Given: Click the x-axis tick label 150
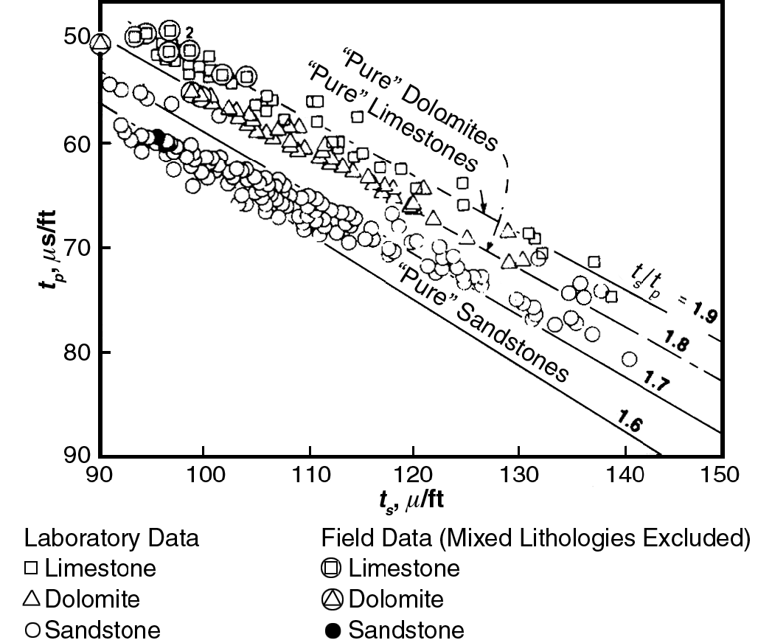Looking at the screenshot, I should pos(720,473).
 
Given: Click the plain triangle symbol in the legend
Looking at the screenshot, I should pos(34,599).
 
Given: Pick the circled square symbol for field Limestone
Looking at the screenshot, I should pos(333,568).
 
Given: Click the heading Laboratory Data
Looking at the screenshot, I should pos(112,538).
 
